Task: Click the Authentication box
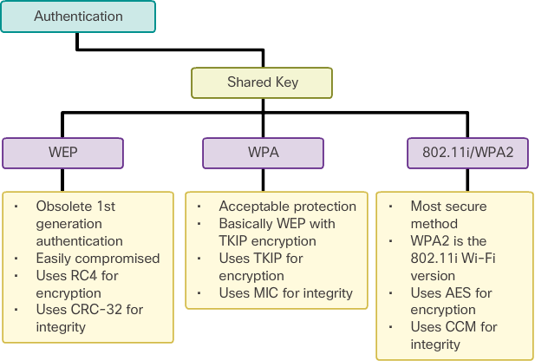[x=78, y=16]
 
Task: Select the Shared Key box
[x=262, y=82]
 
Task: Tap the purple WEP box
[x=63, y=153]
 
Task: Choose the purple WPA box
[x=263, y=153]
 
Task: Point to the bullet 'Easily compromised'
[x=97, y=258]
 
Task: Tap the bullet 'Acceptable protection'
[x=287, y=207]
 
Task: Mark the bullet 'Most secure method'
[x=448, y=215]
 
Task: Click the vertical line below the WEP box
[x=63, y=180]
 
